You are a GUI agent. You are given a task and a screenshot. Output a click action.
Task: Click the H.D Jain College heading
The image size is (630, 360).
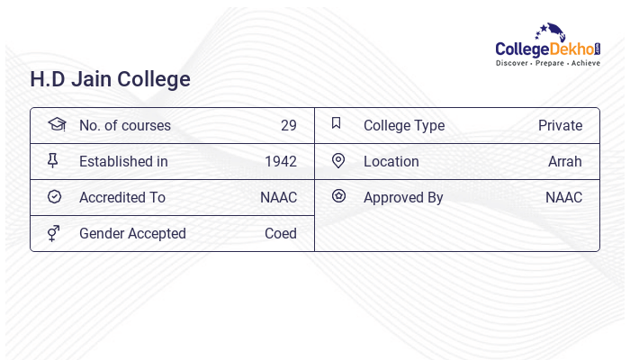[x=111, y=79]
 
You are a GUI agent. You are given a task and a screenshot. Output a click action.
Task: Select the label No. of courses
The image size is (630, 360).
[x=124, y=125]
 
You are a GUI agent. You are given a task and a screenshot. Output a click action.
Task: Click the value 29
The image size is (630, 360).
[x=288, y=125]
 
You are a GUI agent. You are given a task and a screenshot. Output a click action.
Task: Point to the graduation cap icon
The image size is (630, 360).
[x=57, y=124]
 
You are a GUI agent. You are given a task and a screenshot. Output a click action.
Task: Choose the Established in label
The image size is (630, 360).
[x=123, y=161]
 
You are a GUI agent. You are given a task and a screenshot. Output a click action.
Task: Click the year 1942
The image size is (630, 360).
[x=281, y=161]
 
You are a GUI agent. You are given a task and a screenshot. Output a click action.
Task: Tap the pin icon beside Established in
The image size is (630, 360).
[x=53, y=160]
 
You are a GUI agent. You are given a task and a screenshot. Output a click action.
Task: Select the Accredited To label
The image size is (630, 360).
[x=122, y=197]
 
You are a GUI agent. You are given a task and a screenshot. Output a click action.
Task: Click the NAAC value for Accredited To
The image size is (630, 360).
[x=278, y=197]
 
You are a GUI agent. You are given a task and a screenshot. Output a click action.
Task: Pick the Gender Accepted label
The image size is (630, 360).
[x=132, y=233]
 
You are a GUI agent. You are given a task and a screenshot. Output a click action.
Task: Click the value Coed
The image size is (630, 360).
[x=281, y=233]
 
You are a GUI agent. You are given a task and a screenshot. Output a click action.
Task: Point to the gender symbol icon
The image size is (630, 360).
[x=54, y=233]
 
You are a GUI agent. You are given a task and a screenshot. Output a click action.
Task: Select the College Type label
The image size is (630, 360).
[x=404, y=125]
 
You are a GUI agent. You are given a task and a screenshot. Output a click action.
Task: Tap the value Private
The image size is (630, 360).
[x=560, y=125]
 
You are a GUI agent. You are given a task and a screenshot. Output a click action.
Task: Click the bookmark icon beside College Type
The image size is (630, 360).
[x=337, y=123]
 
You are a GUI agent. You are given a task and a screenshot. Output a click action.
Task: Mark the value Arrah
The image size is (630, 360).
[x=565, y=161]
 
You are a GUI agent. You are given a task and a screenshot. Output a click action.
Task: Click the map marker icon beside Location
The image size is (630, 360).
[x=338, y=160]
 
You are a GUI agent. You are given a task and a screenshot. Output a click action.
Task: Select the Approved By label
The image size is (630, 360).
[x=403, y=197]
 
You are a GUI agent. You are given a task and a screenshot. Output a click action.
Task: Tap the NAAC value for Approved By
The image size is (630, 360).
[x=563, y=197]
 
